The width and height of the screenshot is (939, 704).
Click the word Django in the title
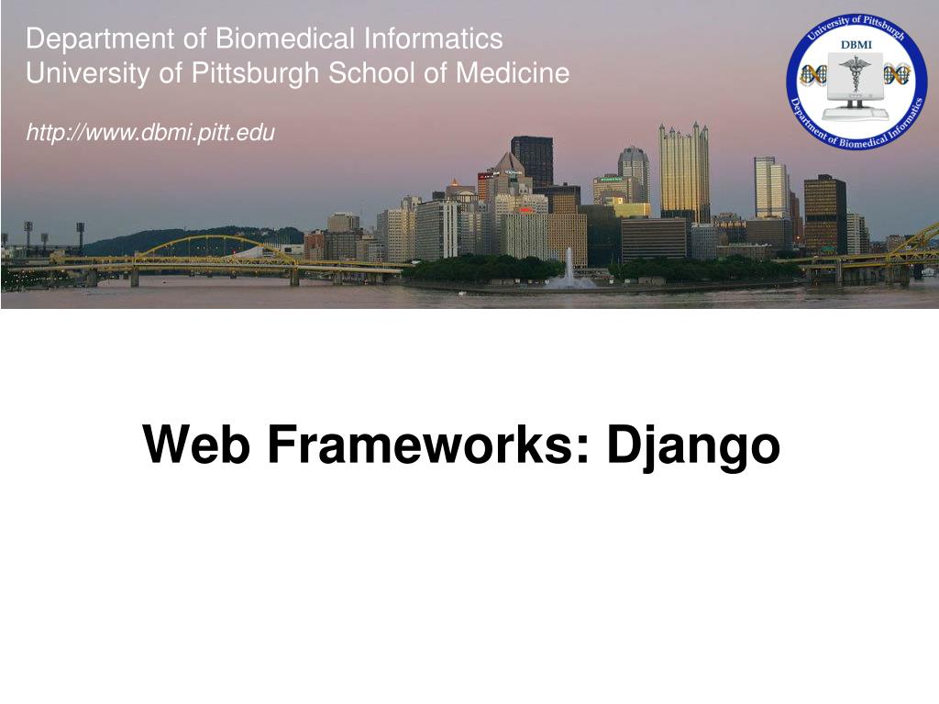[x=693, y=446]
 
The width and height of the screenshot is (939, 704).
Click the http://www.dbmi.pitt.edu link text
[x=150, y=133]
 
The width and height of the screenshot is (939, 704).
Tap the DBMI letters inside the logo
[x=856, y=44]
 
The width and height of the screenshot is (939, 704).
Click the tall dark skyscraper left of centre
[x=532, y=161]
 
